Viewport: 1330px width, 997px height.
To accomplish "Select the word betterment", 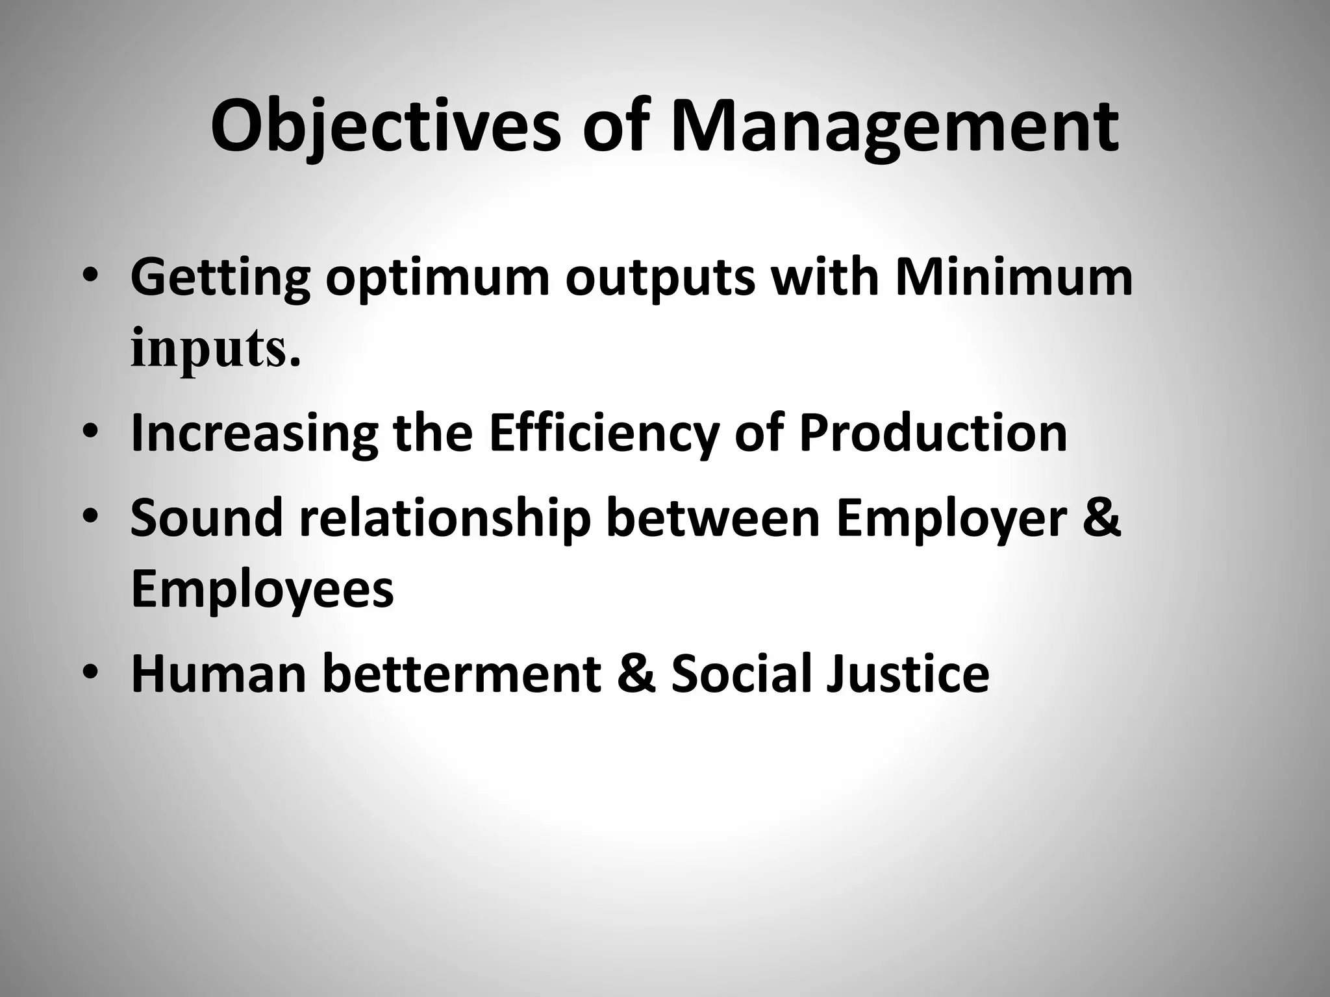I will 461,673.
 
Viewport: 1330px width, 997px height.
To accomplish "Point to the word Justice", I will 908,673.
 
